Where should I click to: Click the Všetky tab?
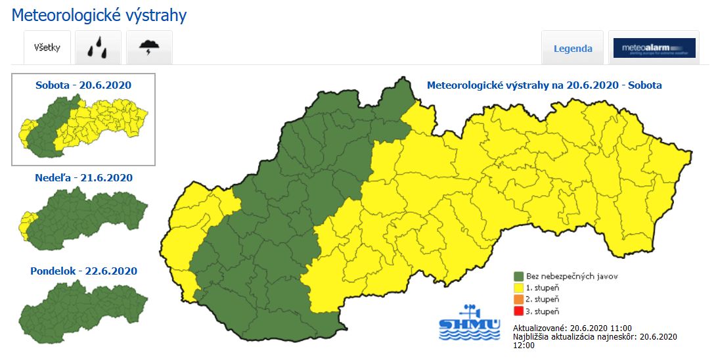(x=47, y=47)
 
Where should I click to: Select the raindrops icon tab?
(x=98, y=47)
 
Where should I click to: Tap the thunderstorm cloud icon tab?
(x=149, y=47)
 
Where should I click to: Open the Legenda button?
(x=573, y=48)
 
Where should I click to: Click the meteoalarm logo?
(x=654, y=48)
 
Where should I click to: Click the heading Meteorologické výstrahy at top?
(x=99, y=15)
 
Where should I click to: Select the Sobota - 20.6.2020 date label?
(x=83, y=85)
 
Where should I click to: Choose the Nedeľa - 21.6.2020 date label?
(x=83, y=177)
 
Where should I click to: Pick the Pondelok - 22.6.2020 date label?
(x=83, y=271)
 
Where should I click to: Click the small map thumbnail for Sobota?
(x=83, y=125)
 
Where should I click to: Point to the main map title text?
(x=544, y=85)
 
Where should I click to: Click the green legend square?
(x=519, y=277)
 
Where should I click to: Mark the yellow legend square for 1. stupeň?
(x=519, y=288)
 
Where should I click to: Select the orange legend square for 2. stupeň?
(x=519, y=300)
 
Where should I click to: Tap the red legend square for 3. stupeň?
(x=519, y=311)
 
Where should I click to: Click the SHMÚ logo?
(x=469, y=323)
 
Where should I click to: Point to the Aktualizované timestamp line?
(x=572, y=328)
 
